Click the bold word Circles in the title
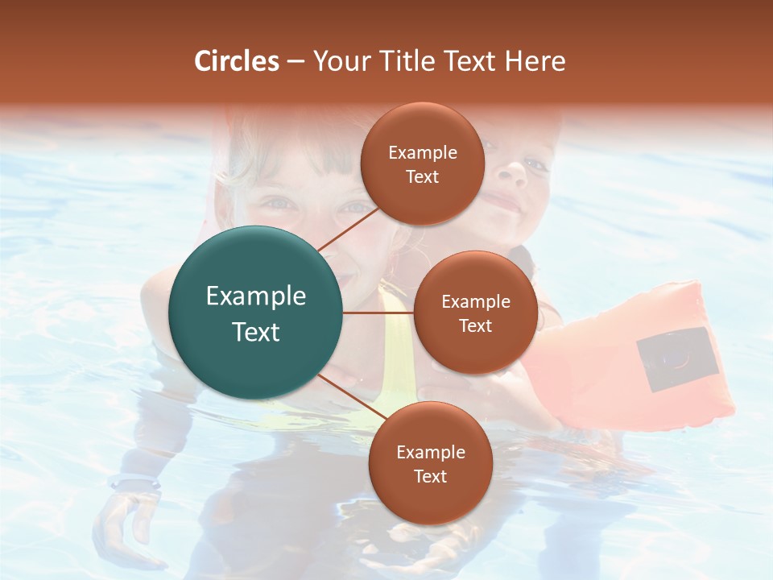237,61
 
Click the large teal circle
256,313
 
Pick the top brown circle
423,164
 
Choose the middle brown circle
475,313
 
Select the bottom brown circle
430,463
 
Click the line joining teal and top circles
347,227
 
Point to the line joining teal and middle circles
378,313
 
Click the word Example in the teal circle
256,296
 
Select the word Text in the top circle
423,176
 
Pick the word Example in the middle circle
475,302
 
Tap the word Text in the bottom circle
430,476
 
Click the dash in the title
296,61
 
